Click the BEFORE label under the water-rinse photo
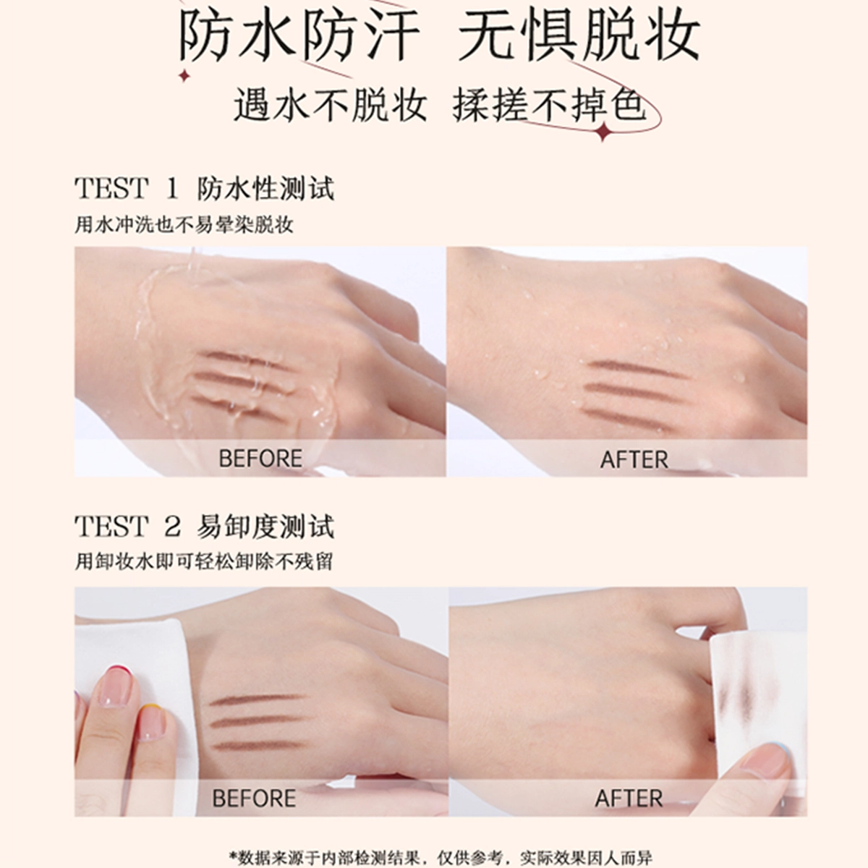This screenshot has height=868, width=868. [260, 459]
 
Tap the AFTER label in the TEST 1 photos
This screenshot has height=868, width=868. [634, 459]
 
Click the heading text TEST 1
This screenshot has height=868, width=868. [127, 188]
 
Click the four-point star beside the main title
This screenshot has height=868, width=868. [184, 76]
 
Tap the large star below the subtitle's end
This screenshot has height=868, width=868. [603, 132]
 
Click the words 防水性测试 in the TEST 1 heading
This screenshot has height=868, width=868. [265, 188]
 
